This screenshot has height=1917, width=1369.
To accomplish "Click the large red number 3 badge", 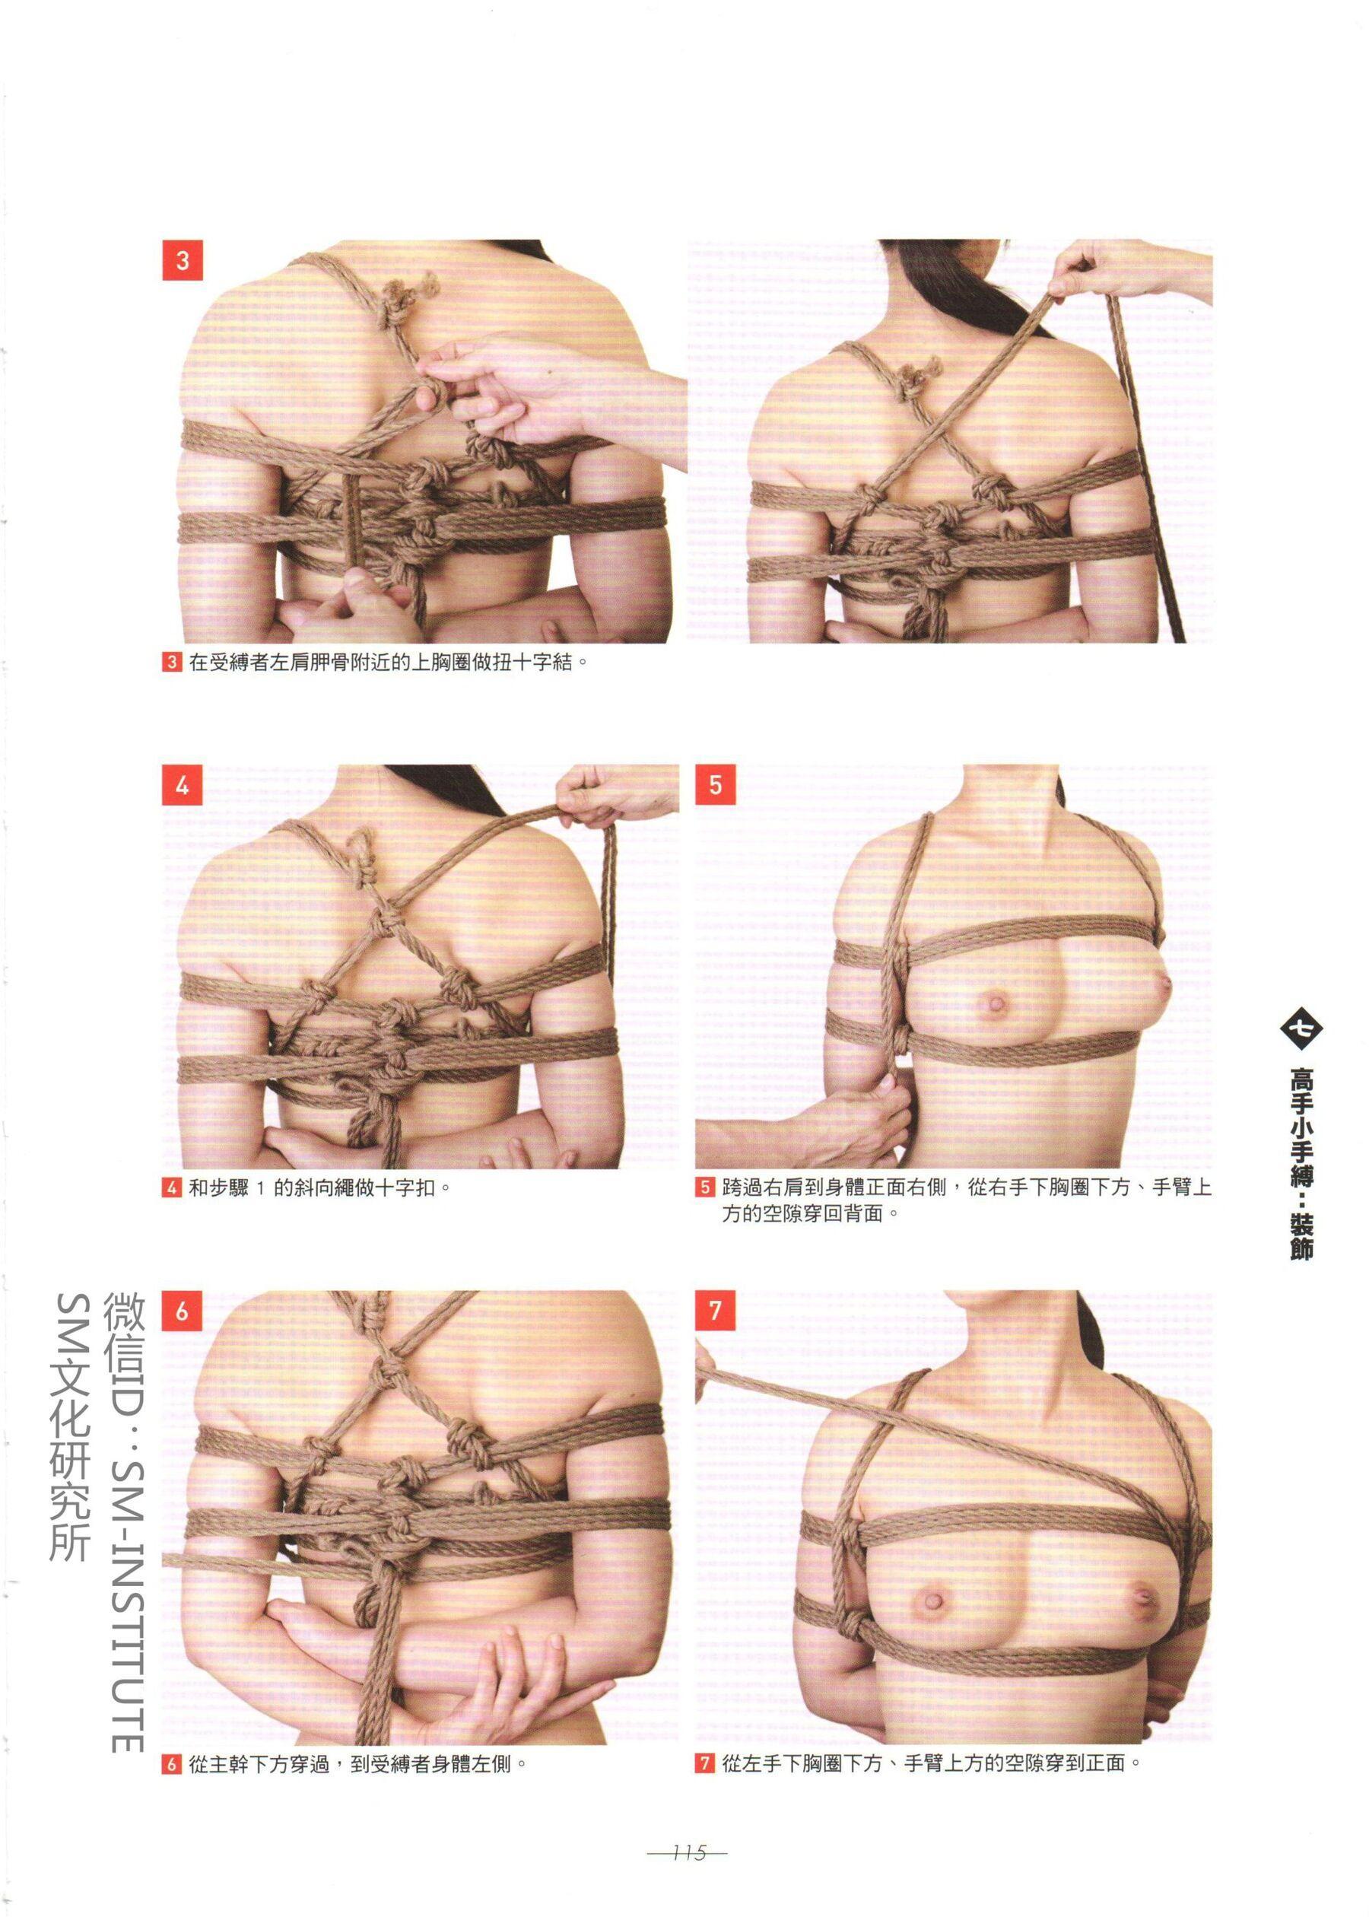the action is (182, 260).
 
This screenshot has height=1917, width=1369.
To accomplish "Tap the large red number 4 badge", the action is (182, 786).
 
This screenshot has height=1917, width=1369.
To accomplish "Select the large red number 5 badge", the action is (716, 786).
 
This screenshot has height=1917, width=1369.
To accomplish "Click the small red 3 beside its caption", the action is (171, 662).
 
